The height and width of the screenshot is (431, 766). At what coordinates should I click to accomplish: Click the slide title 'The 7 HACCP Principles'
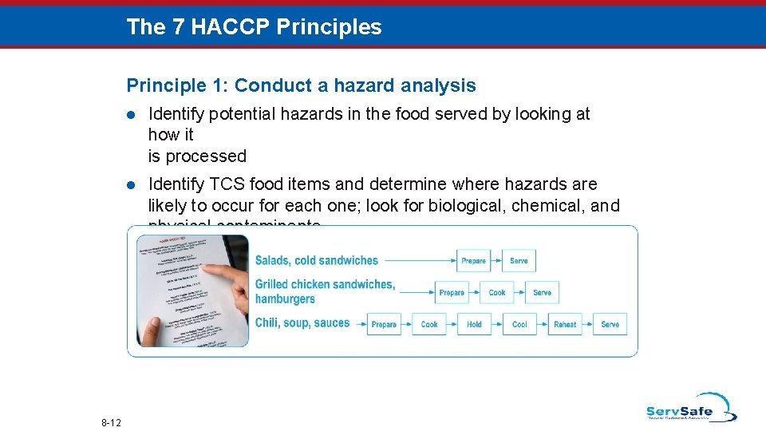254,27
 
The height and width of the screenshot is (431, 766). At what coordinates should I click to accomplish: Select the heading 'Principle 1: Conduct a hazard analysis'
301,85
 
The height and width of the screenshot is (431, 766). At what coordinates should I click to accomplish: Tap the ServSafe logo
690,407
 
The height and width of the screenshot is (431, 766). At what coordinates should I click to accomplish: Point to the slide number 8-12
111,421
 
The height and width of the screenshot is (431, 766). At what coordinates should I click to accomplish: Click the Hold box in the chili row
474,324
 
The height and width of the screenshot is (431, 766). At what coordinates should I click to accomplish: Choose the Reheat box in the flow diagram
565,324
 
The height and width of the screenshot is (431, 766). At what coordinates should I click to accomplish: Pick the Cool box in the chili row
519,324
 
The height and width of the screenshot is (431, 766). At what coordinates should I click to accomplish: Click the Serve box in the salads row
519,260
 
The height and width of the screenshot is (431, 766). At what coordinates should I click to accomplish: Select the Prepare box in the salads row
473,260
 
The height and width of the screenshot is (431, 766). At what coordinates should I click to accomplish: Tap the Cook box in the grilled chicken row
497,292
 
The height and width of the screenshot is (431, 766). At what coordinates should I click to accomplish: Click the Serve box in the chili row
610,324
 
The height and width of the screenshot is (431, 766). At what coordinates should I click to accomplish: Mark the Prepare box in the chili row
384,324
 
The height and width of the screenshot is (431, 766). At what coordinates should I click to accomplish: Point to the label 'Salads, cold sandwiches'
316,260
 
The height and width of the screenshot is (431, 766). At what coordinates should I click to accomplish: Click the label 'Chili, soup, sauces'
302,323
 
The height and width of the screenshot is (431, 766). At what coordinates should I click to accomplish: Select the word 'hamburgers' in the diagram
285,299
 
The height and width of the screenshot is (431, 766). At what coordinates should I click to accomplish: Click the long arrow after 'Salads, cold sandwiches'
417,260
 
